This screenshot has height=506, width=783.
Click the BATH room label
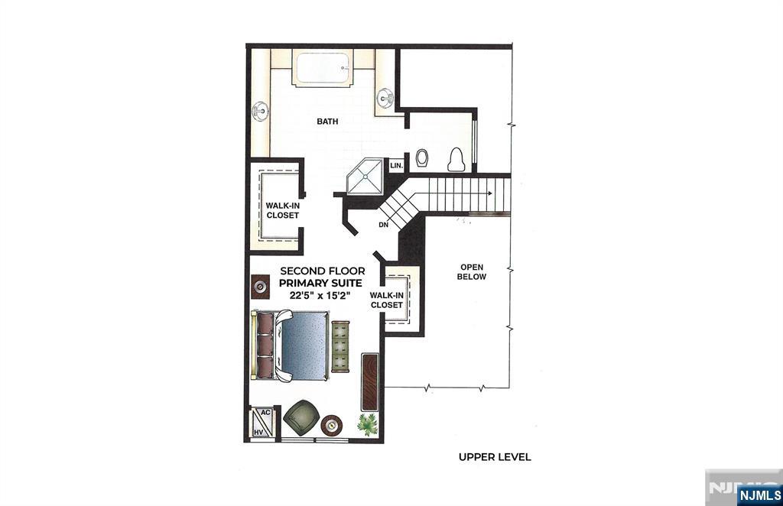click(x=327, y=122)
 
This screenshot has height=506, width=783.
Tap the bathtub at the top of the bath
click(x=323, y=68)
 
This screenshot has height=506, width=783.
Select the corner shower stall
click(x=365, y=176)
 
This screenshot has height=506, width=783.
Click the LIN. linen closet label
click(x=397, y=165)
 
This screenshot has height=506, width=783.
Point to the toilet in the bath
click(x=456, y=159)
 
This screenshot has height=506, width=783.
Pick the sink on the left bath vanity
click(x=260, y=111)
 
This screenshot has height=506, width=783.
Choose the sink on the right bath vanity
click(x=385, y=97)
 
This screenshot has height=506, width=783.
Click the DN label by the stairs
click(x=384, y=225)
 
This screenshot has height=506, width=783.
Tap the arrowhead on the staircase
click(x=490, y=193)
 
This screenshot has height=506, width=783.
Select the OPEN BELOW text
click(x=472, y=272)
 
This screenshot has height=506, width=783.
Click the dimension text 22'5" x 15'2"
click(x=320, y=295)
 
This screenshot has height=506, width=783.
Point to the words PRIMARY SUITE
click(x=320, y=283)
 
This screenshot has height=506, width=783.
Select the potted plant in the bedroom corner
click(x=368, y=424)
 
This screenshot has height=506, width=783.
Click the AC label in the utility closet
click(x=265, y=412)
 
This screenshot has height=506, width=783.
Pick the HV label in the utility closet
click(x=258, y=432)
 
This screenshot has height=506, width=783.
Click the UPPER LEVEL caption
click(x=495, y=456)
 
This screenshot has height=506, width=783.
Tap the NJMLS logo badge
click(x=759, y=495)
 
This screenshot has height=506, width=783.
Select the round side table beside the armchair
click(x=332, y=425)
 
